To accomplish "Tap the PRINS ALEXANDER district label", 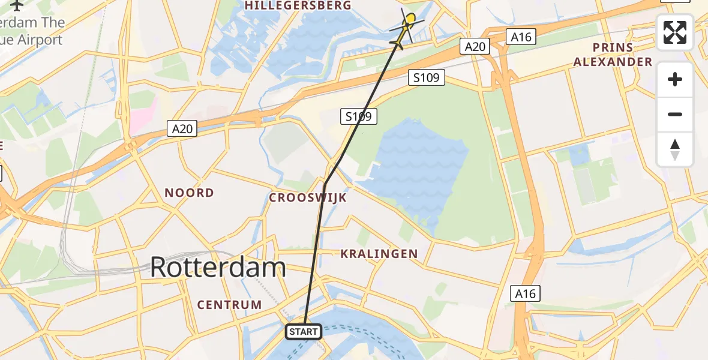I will click(613, 55).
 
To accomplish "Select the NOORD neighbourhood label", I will click(189, 193).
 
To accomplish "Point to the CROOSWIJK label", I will click(308, 197).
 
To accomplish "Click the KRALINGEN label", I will click(379, 254).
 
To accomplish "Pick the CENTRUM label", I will click(230, 305).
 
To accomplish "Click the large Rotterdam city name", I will click(217, 267).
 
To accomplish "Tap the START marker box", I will click(304, 331).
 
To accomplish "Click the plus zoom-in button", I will click(675, 79).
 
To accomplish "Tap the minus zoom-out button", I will click(675, 114).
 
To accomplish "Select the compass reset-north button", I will click(675, 149).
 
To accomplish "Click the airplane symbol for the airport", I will click(16, 5).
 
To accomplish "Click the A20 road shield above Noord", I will click(182, 128).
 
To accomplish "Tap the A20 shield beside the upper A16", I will click(475, 46).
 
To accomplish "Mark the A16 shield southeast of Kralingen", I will click(526, 293).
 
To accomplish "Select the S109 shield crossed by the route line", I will click(359, 116).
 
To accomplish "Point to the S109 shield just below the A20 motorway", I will click(427, 77).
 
